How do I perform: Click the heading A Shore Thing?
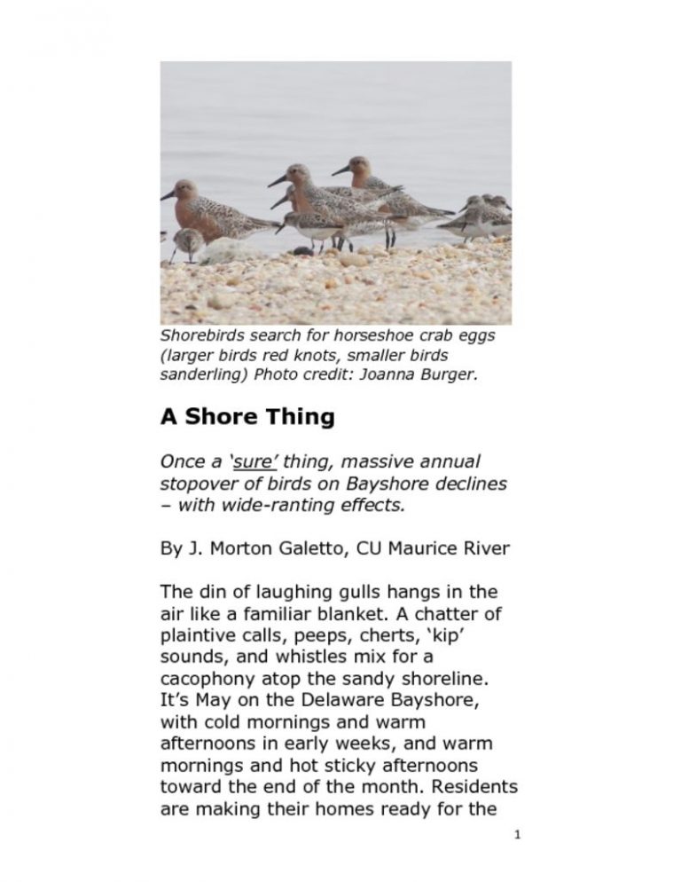tap(247, 417)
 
